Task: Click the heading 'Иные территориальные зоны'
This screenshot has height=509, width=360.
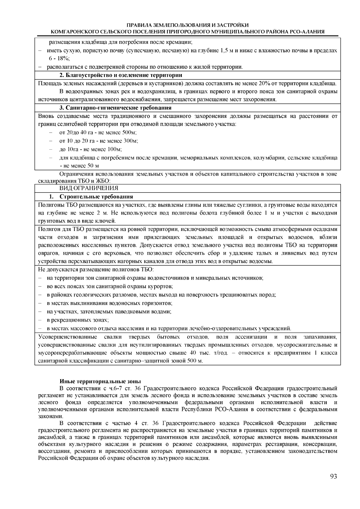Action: [x=100, y=382]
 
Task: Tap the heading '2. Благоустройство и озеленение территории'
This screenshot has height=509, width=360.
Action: [x=121, y=75]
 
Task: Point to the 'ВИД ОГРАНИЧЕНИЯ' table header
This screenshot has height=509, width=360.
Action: [x=88, y=188]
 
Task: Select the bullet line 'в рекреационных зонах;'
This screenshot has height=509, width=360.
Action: [x=78, y=320]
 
